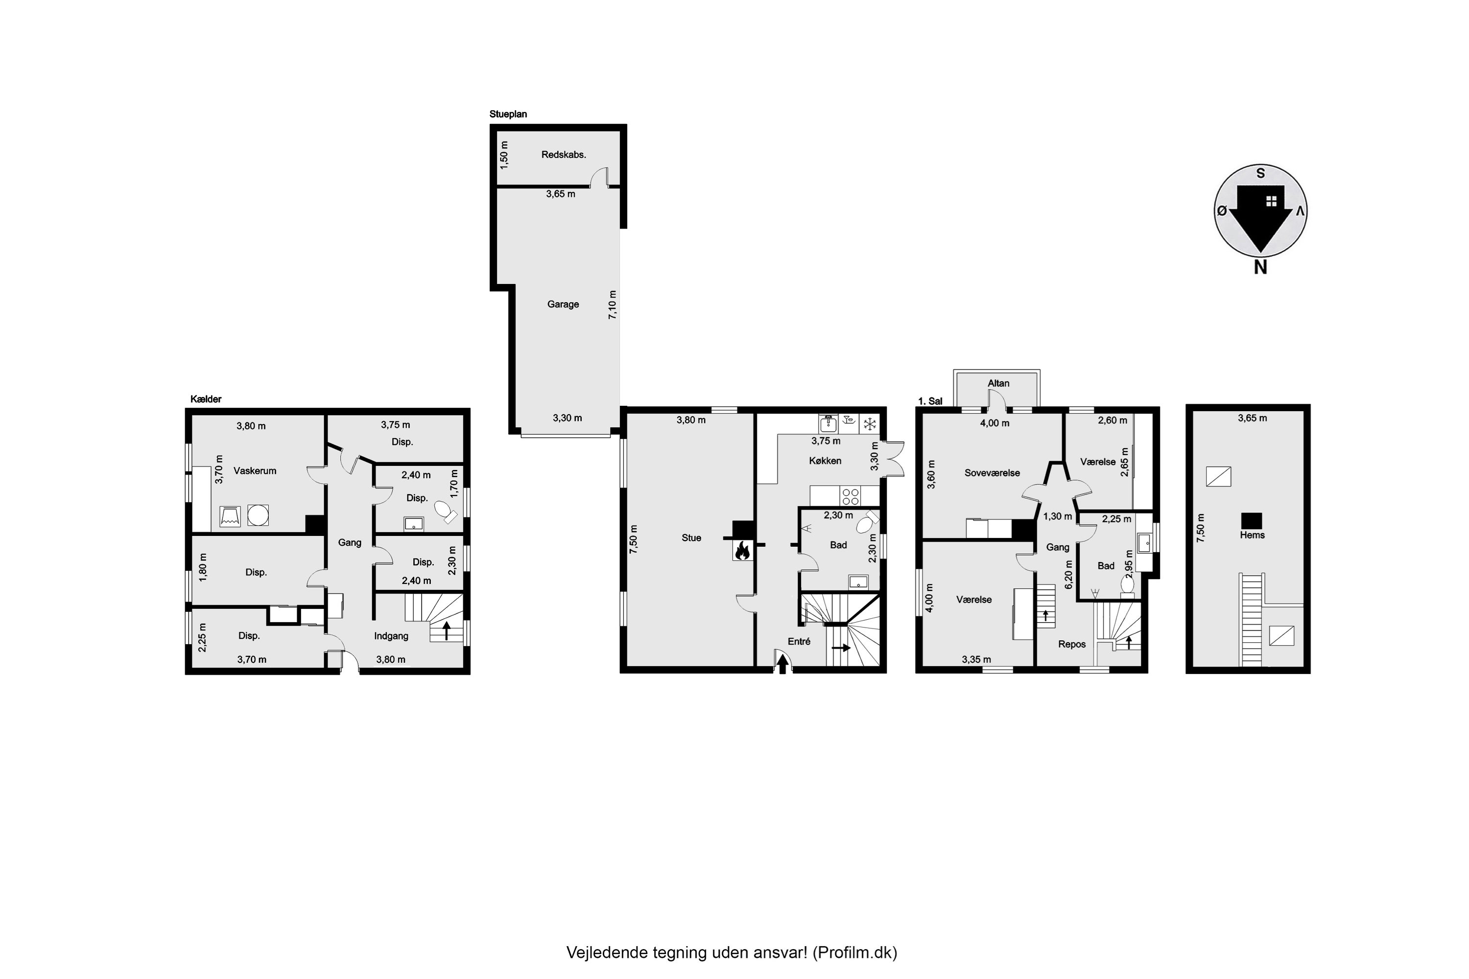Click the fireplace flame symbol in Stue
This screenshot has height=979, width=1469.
[x=743, y=550]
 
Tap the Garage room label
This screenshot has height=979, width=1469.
[x=563, y=304]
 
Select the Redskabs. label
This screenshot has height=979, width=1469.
[x=564, y=154]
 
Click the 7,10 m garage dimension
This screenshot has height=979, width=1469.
[x=612, y=304]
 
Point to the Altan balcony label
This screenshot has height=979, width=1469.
[x=998, y=383]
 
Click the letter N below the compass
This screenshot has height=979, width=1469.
[x=1260, y=267]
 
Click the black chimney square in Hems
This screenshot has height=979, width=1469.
[x=1251, y=520]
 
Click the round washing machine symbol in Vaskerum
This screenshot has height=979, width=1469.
[x=258, y=515]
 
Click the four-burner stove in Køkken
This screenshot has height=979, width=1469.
[x=850, y=496]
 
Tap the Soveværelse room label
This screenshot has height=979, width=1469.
[x=992, y=473]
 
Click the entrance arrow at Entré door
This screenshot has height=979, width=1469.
[x=782, y=664]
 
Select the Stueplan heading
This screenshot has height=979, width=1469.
[x=508, y=114]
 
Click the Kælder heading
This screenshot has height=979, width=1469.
[x=206, y=399]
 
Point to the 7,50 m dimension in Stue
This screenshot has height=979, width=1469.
[x=633, y=538]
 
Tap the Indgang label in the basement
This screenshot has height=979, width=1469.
[x=391, y=635]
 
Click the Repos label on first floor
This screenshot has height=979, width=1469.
[x=1072, y=644]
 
